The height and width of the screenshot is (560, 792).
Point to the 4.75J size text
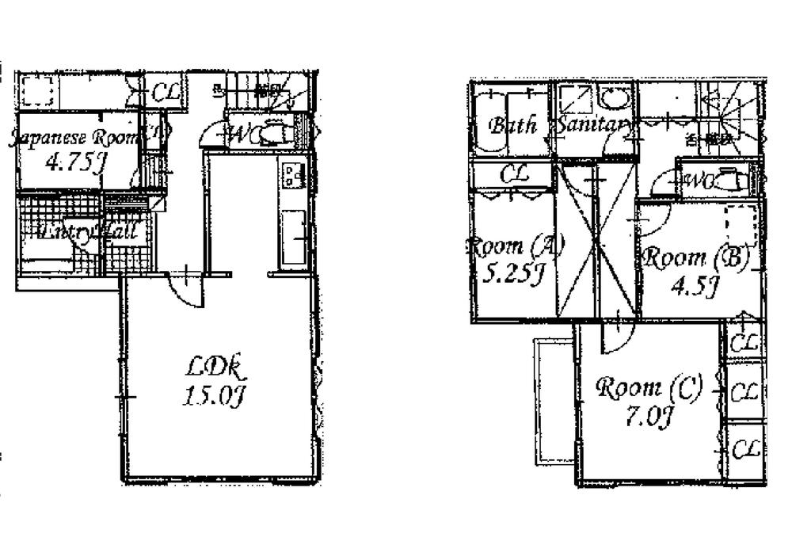pyautogui.click(x=76, y=164)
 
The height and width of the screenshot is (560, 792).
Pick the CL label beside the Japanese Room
pyautogui.click(x=166, y=93)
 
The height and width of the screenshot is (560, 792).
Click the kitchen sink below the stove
pyautogui.click(x=293, y=237)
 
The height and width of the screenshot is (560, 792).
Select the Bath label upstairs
pyautogui.click(x=512, y=125)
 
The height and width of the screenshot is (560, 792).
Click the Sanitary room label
pyautogui.click(x=594, y=125)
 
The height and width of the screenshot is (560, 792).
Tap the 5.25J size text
pyautogui.click(x=514, y=274)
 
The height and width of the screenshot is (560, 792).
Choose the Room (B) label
pyautogui.click(x=695, y=257)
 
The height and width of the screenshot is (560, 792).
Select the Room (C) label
pyautogui.click(x=648, y=388)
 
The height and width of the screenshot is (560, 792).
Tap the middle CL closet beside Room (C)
pyautogui.click(x=744, y=392)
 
